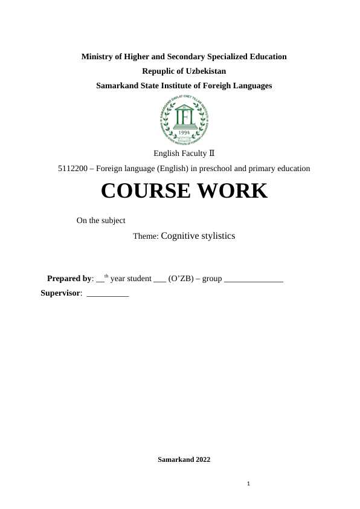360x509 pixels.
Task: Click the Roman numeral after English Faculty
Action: pyautogui.click(x=211, y=154)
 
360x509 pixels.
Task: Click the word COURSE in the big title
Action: pyautogui.click(x=143, y=191)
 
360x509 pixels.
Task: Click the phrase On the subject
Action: pyautogui.click(x=101, y=221)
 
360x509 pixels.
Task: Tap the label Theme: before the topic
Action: pyautogui.click(x=146, y=236)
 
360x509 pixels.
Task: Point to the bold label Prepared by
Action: pyautogui.click(x=69, y=279)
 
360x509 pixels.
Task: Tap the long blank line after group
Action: pyautogui.click(x=253, y=280)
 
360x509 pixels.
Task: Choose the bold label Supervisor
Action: pyautogui.click(x=60, y=293)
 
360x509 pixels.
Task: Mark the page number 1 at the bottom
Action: pyautogui.click(x=248, y=484)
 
